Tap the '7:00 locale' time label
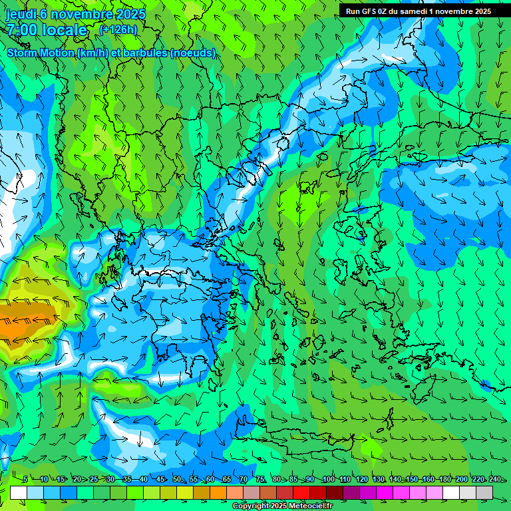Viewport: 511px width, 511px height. click(47, 30)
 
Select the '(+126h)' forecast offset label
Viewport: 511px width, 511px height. click(118, 29)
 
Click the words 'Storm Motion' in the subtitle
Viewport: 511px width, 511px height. click(41, 53)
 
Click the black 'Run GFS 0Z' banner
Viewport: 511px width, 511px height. click(419, 11)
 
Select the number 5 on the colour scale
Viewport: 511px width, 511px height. click(25, 480)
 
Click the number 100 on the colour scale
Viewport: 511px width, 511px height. click(328, 480)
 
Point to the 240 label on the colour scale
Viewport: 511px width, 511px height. click(495, 480)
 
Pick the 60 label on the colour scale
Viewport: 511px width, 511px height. click(210, 480)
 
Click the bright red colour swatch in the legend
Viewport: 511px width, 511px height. click(301, 492)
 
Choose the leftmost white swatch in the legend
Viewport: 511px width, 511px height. click(19, 492)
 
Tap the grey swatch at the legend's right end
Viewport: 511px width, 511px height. click(484, 492)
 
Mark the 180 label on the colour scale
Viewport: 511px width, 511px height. click(444, 480)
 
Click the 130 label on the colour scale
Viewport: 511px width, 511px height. click(379, 480)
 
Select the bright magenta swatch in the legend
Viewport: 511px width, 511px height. click(385, 492)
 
